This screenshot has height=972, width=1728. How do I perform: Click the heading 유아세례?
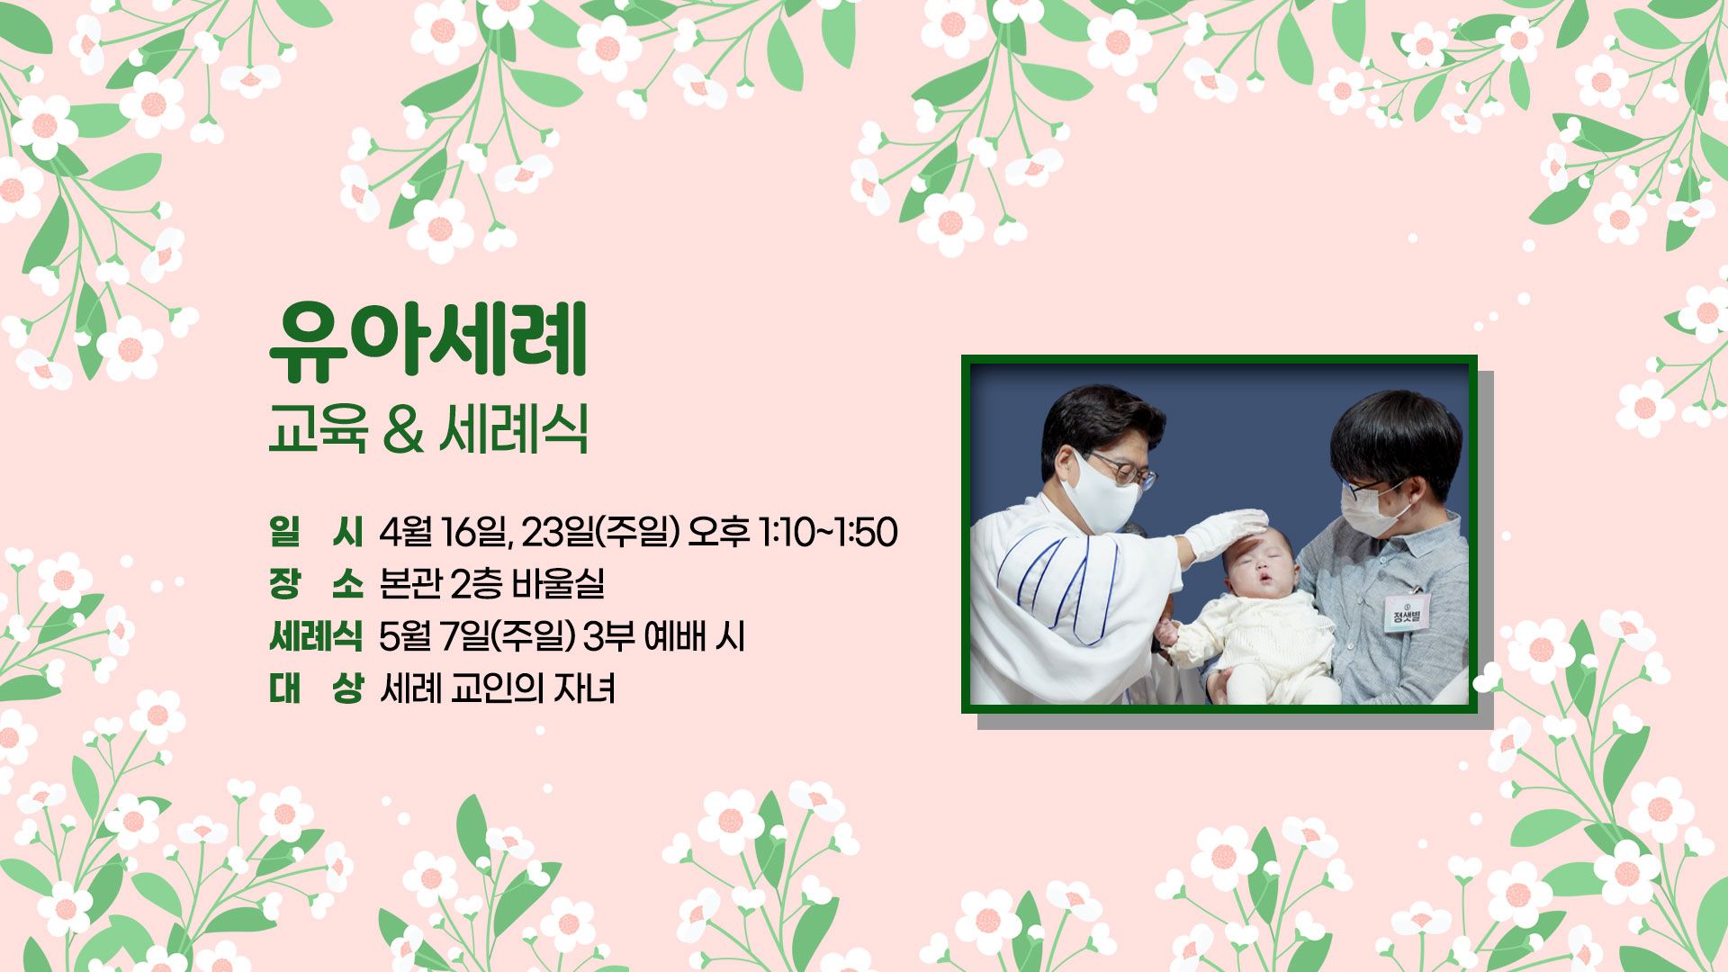pos(427,341)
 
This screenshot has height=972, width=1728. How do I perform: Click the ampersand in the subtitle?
pos(402,429)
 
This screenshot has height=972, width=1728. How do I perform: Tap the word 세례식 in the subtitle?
pos(514,429)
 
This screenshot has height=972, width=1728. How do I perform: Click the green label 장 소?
pos(315,584)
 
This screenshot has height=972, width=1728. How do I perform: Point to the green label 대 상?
pos(315,689)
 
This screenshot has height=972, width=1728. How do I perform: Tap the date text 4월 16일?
pos(443,532)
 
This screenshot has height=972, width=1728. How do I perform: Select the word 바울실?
pos(558,584)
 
